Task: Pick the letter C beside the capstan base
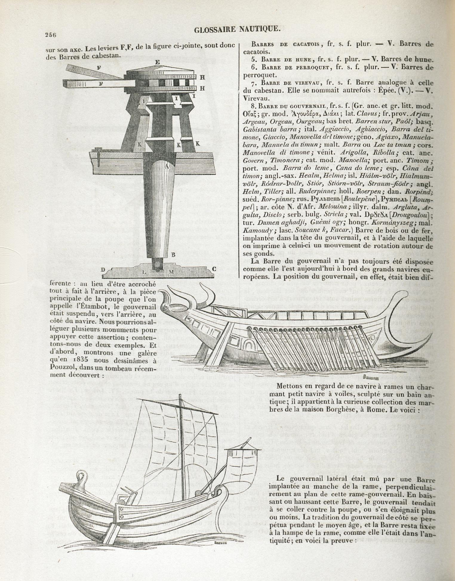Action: coord(214,269)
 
